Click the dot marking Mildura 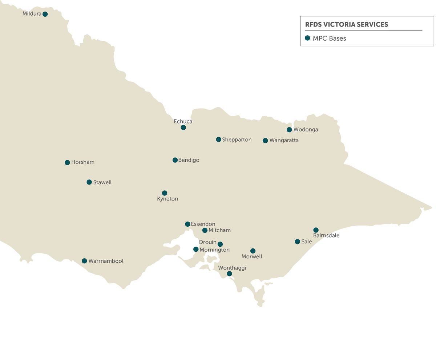coord(45,14)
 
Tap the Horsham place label coord(82,162)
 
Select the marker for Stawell coord(89,182)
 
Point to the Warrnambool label coord(106,261)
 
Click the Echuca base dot coord(183,128)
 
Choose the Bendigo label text coord(189,160)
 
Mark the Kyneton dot coord(165,193)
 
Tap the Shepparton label coord(237,139)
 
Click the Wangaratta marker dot coord(265,141)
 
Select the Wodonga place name coord(306,129)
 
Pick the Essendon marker coord(187,224)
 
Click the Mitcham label coord(219,230)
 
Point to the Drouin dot coord(220,244)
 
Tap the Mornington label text coord(214,250)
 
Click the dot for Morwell coord(253,251)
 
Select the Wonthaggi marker coord(229,274)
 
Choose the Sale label coord(306,241)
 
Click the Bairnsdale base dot coord(316,230)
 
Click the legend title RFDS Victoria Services coord(346,24)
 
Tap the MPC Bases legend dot coord(307,38)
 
